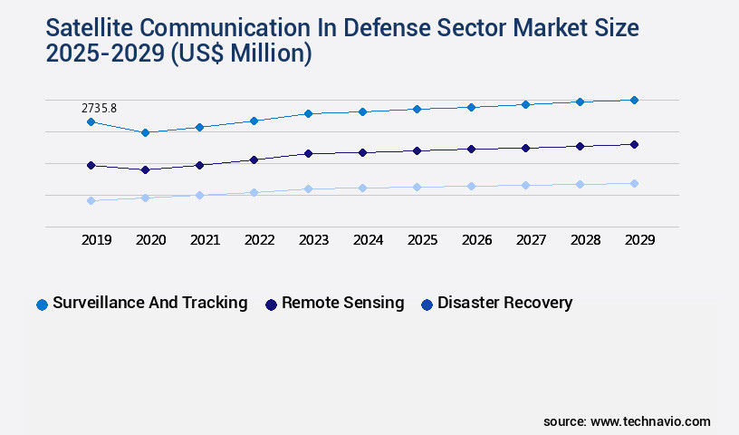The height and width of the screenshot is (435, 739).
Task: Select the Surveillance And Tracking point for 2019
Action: coord(91,121)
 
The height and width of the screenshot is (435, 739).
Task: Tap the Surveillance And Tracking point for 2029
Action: coord(634,100)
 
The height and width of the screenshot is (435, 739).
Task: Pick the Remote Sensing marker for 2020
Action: coord(145,169)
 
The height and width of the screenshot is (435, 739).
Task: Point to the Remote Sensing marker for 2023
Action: coord(308,153)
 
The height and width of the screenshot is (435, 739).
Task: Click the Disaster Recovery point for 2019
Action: coord(91,200)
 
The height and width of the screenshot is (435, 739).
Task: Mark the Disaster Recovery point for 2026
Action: coord(471,186)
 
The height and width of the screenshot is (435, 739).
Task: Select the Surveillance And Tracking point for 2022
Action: coord(254,121)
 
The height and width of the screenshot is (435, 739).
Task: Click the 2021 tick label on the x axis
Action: coord(205,240)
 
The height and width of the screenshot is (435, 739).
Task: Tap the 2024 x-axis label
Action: coord(368,240)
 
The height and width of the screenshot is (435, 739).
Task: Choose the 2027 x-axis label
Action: coord(531,240)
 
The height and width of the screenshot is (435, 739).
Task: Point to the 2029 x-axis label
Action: coord(639,240)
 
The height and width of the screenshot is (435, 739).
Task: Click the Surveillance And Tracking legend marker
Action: coord(42,304)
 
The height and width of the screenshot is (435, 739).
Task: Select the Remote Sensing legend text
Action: coord(342,303)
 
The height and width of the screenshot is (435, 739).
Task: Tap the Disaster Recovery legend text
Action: coord(504,303)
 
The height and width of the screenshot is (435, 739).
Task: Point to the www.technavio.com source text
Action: coord(650,421)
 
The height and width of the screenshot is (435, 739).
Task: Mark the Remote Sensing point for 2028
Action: coord(580,146)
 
